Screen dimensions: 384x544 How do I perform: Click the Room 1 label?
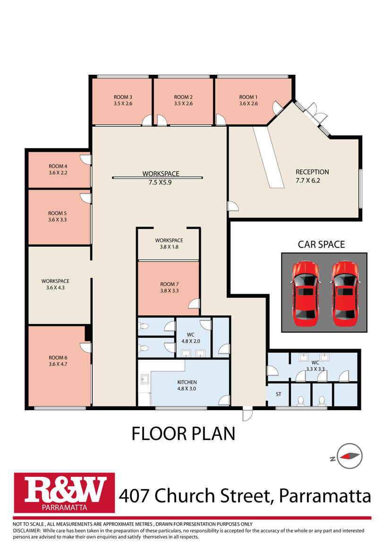(248, 97)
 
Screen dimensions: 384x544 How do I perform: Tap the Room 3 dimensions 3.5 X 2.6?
(123, 104)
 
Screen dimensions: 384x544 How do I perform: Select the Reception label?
(312, 172)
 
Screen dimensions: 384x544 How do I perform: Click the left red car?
(305, 293)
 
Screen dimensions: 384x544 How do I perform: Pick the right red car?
(345, 293)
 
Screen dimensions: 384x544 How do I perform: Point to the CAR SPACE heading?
(321, 244)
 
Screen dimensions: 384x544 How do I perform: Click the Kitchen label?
(187, 382)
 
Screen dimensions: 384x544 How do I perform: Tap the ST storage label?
(278, 394)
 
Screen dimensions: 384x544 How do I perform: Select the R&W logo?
(64, 492)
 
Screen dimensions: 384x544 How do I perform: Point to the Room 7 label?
(169, 284)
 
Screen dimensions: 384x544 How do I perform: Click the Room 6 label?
(58, 358)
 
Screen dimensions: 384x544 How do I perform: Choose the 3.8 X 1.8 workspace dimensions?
(169, 246)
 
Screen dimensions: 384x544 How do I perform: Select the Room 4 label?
(58, 166)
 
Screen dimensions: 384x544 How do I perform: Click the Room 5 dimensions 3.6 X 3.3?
(58, 219)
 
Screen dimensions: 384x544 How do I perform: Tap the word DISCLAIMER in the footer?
(26, 530)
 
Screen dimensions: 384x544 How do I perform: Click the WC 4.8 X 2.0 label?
(191, 338)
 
